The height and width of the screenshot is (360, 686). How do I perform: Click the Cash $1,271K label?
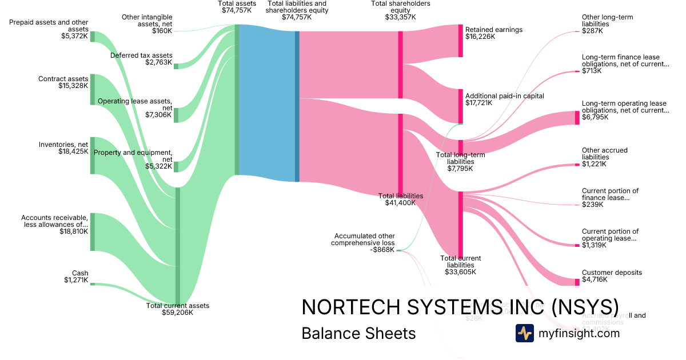(76, 277)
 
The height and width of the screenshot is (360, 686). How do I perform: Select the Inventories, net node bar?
(93, 155)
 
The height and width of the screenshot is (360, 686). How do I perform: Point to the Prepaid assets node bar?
(93, 37)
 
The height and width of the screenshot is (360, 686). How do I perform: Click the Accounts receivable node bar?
(93, 231)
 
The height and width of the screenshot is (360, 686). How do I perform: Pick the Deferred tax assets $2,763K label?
(141, 59)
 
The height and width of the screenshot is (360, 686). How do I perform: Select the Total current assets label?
(178, 309)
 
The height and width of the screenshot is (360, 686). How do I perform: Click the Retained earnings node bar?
(460, 41)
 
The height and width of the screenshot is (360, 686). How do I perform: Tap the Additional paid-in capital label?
(504, 96)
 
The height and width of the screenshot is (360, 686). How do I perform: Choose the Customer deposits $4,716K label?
(612, 277)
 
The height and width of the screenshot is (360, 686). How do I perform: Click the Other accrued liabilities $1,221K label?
(605, 157)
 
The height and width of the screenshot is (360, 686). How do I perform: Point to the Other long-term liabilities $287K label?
(607, 24)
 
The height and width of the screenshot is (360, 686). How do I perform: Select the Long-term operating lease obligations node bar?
(577, 118)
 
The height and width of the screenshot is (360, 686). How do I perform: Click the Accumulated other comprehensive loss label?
(364, 242)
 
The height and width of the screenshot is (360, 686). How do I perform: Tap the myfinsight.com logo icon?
(524, 333)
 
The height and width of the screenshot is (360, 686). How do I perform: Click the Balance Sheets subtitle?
(358, 333)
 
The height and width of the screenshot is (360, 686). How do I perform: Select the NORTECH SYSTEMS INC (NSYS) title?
(460, 307)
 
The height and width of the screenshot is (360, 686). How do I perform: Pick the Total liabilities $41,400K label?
(401, 199)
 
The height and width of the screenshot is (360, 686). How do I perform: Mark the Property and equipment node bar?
(176, 166)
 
